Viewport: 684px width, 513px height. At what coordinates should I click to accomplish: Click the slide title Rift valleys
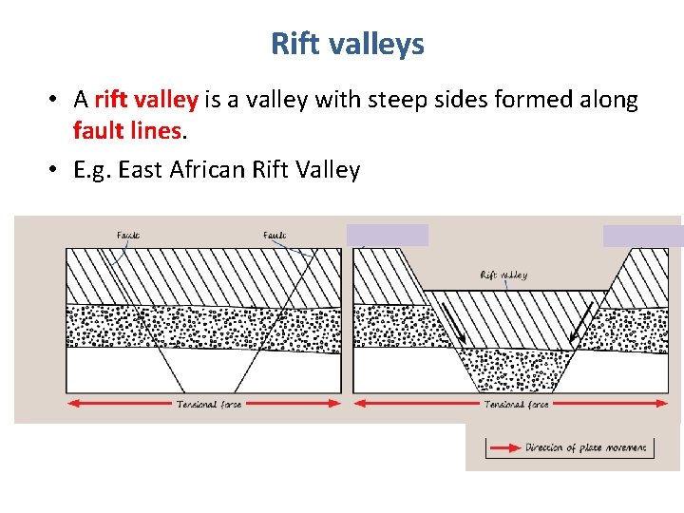click(x=347, y=44)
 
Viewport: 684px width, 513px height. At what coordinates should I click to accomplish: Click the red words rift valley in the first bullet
click(x=145, y=100)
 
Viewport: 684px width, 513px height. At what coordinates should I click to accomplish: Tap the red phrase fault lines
click(x=126, y=131)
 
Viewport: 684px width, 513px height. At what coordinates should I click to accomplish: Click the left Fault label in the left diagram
click(x=129, y=235)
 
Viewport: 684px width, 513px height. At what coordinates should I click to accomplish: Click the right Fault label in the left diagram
click(x=275, y=235)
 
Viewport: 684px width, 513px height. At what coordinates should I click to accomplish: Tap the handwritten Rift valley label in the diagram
click(x=503, y=275)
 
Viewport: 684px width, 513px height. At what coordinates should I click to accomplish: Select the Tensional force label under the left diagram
click(x=209, y=404)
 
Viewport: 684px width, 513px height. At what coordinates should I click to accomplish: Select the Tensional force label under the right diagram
click(x=517, y=404)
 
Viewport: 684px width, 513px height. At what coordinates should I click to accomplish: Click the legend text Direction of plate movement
click(x=586, y=447)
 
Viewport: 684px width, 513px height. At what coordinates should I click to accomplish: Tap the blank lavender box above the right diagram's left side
click(x=387, y=235)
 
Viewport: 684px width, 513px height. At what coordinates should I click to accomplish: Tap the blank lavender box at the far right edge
click(x=642, y=236)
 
